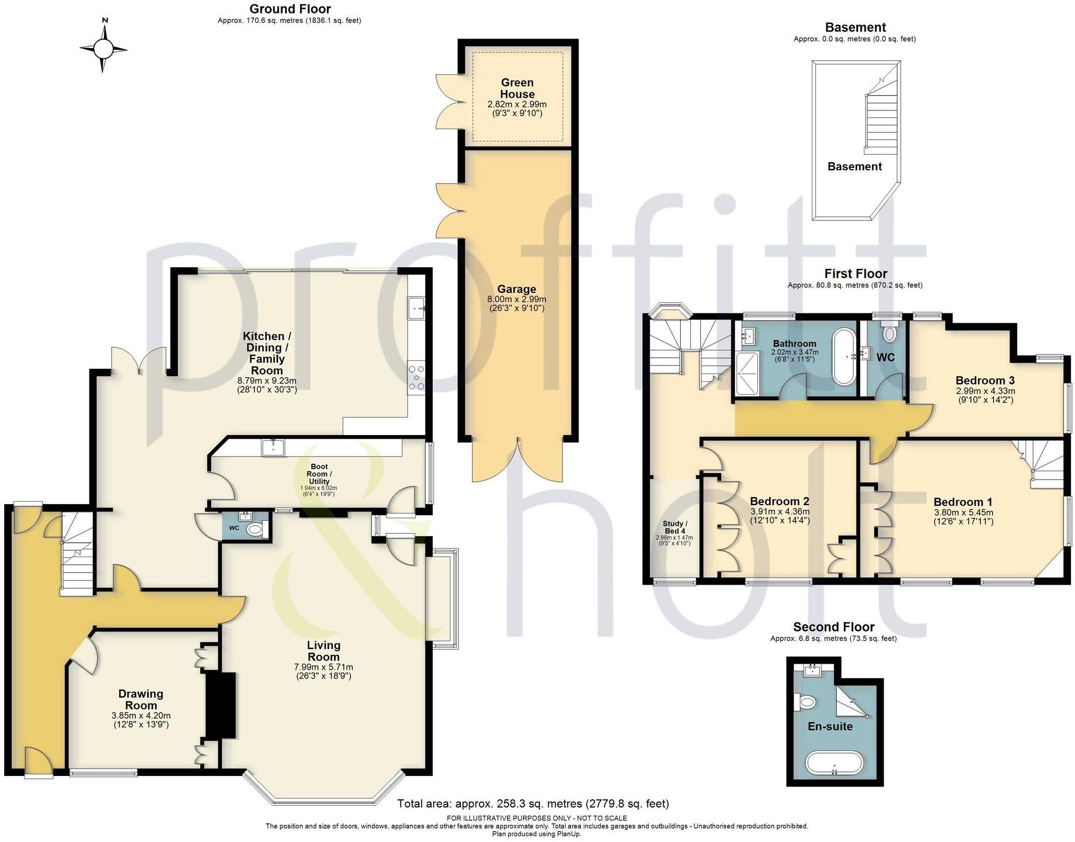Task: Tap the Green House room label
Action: [x=517, y=88]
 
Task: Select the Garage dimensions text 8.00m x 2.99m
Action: [x=516, y=299]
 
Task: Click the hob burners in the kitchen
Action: [x=416, y=378]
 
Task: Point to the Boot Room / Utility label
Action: [x=320, y=474]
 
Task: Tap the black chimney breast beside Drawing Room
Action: [x=220, y=705]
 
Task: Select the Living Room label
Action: [x=323, y=651]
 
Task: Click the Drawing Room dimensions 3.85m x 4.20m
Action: [x=141, y=716]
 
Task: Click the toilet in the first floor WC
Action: [x=890, y=334]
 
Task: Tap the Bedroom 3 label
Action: [x=985, y=381]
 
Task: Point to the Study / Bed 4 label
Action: [x=674, y=527]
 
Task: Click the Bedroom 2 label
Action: [x=780, y=501]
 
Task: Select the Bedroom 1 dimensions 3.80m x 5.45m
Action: [x=963, y=513]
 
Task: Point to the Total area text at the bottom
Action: [x=533, y=804]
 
